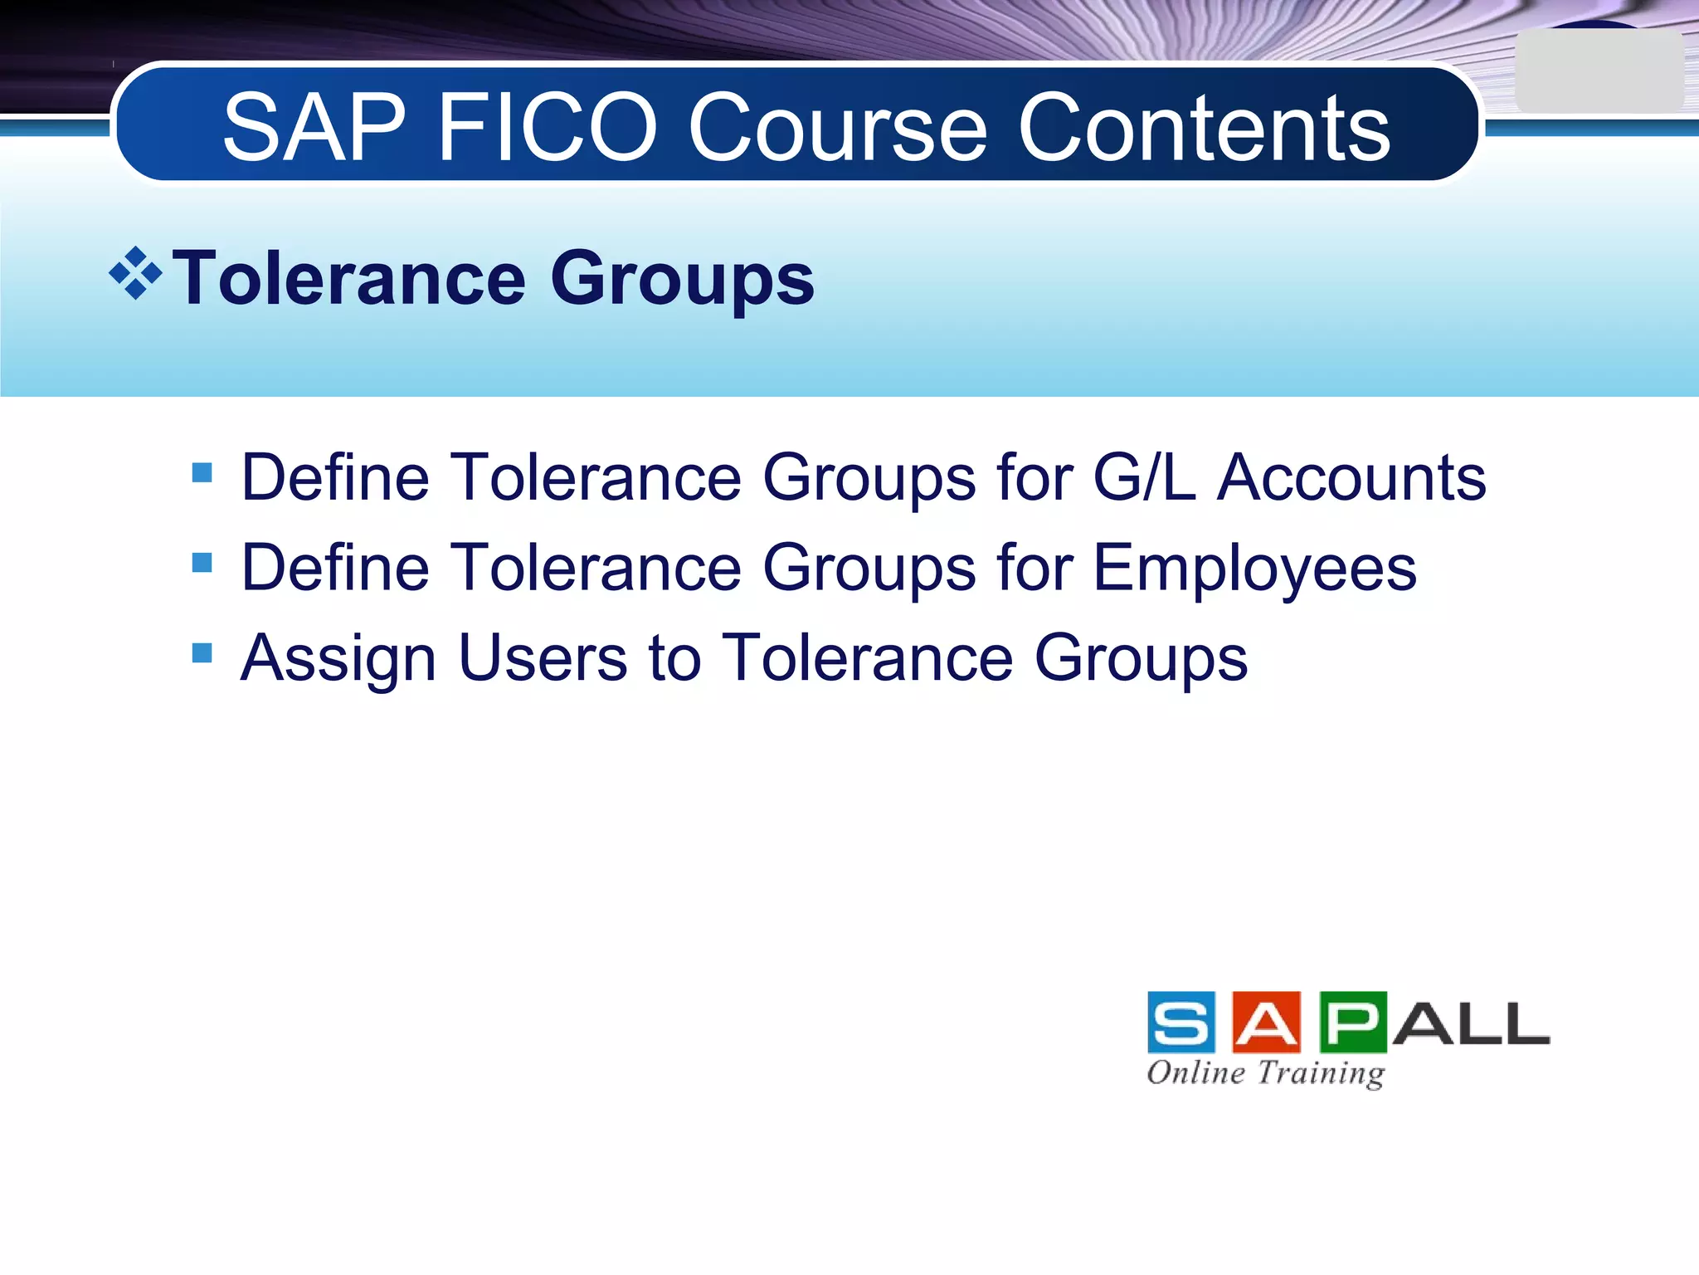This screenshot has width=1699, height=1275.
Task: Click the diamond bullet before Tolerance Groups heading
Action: point(135,273)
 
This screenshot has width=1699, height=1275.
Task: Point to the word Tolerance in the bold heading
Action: point(349,279)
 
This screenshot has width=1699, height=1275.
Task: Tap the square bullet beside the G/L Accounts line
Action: point(202,473)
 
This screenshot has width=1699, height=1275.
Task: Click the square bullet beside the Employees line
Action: point(202,564)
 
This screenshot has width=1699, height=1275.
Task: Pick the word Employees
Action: point(1254,568)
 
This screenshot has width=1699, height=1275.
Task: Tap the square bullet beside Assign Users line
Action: point(202,653)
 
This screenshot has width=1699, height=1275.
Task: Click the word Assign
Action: point(338,659)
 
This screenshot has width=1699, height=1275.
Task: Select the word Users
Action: point(543,657)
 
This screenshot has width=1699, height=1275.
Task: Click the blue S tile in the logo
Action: point(1181,1023)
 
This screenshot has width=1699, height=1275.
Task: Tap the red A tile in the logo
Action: point(1267,1023)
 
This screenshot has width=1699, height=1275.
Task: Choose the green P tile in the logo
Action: point(1352,1023)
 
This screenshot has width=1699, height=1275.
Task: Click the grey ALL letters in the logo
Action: point(1471,1024)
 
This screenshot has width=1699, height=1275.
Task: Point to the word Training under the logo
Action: point(1321,1073)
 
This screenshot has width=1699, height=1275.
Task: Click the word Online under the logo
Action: point(1196,1072)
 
